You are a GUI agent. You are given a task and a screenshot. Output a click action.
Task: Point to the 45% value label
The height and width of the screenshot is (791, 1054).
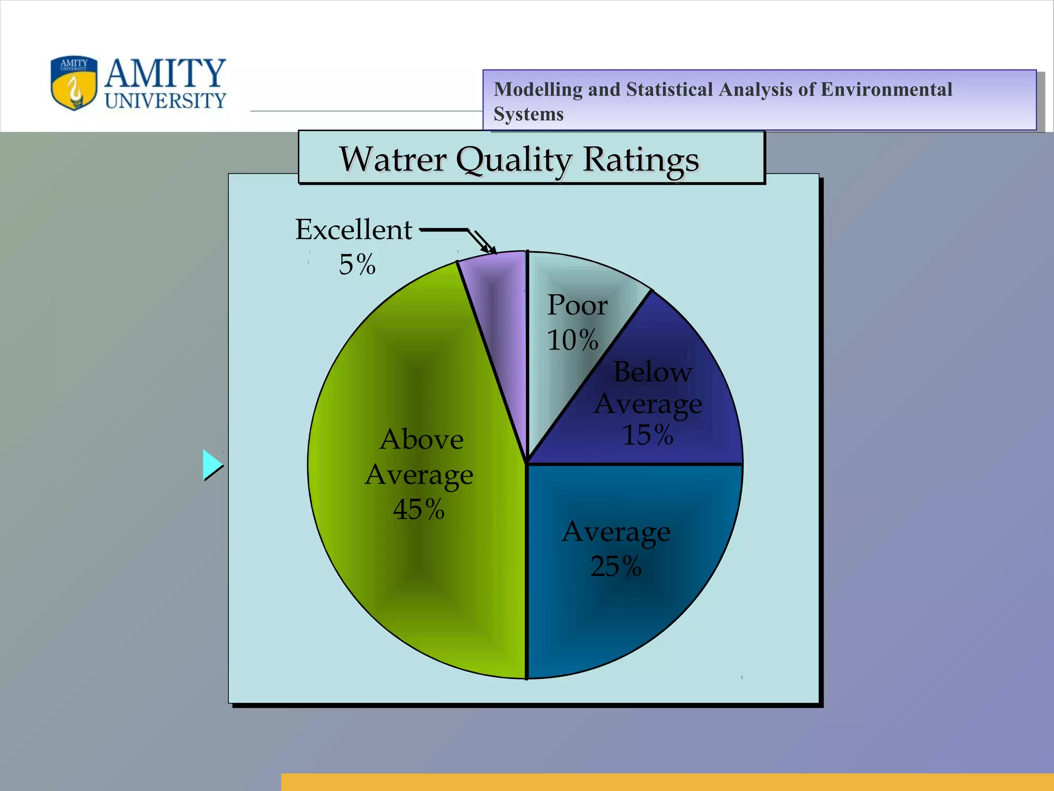coord(418,509)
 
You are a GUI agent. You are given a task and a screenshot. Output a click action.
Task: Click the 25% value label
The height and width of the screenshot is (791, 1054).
coord(616,566)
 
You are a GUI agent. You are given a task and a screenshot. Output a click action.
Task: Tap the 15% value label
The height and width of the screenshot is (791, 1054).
coord(648,435)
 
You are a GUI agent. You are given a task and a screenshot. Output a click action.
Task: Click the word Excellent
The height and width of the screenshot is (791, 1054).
coord(354,230)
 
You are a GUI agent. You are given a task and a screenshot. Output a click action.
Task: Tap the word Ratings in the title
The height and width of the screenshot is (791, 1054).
coord(641,160)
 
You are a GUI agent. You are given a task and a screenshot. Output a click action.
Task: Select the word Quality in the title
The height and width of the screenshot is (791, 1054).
coord(514,160)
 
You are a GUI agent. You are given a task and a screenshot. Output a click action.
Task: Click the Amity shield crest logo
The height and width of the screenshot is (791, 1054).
coord(74,83)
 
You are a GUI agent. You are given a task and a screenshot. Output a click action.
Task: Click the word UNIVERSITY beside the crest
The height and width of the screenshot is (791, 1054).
coord(166,100)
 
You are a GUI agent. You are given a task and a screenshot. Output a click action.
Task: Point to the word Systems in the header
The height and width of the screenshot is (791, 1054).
coord(529,114)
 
